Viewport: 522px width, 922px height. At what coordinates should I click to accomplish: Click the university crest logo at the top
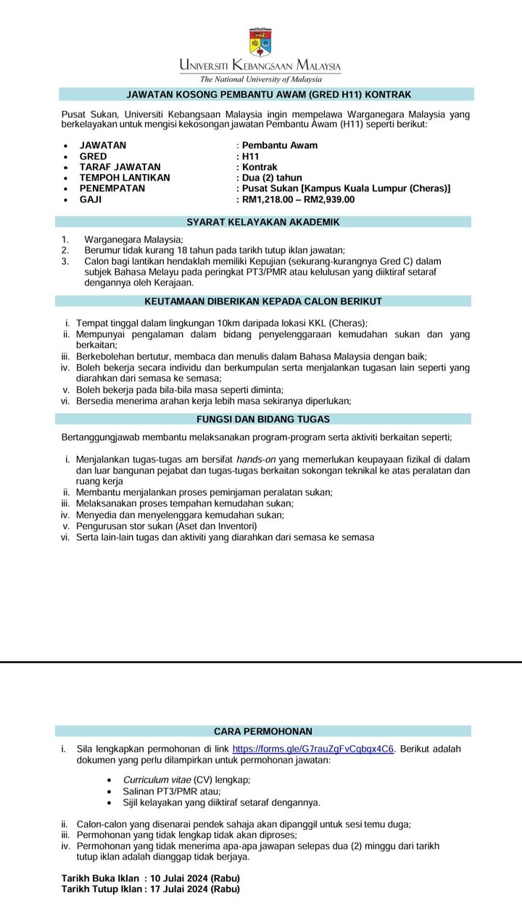coord(260,43)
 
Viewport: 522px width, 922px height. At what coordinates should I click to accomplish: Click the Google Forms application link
coord(313,749)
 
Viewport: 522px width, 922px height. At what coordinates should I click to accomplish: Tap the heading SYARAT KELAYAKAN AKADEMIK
coord(262,223)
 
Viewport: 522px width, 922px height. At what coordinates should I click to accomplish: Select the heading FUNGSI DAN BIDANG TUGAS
coord(262,419)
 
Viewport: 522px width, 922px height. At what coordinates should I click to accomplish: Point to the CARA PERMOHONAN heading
coord(262,731)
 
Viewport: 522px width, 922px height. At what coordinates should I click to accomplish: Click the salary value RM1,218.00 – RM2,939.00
coord(299,199)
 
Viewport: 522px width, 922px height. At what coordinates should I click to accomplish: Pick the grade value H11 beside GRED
coord(250,156)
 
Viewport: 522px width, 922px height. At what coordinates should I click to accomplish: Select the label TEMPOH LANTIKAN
coord(125,178)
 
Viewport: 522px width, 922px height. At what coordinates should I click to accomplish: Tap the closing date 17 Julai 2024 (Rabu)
coord(195,889)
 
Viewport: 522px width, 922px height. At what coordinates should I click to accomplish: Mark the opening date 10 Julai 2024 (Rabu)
coord(195,879)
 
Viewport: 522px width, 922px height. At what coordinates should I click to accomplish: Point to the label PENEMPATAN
coord(112,188)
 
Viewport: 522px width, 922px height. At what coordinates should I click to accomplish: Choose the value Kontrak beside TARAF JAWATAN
coord(260,167)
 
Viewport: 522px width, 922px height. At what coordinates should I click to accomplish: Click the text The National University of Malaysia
coord(260,79)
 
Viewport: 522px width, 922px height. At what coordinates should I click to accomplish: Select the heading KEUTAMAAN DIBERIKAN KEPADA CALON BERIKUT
coord(262,301)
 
